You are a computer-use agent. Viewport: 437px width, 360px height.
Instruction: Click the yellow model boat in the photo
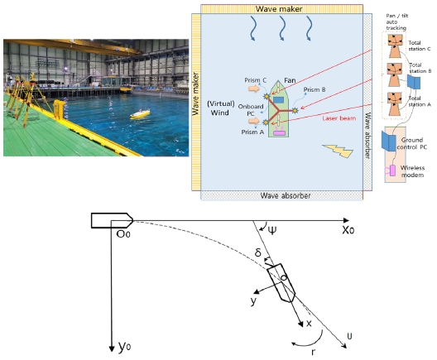(140, 114)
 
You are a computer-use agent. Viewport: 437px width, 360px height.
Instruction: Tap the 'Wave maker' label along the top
(279, 9)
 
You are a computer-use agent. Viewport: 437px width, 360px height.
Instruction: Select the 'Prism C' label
(255, 80)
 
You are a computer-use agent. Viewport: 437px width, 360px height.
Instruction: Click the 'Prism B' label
(315, 89)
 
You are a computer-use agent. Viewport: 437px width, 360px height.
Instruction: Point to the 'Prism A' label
(252, 132)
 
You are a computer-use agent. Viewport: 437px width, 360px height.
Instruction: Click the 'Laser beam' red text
(339, 118)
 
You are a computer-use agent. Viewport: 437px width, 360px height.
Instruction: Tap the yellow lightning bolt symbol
(338, 151)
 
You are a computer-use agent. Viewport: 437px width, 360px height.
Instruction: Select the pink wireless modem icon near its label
(391, 170)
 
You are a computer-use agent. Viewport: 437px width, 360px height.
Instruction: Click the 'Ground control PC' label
(411, 143)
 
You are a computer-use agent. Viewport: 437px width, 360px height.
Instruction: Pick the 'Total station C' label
(420, 46)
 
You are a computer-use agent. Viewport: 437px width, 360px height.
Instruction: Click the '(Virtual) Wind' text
(220, 108)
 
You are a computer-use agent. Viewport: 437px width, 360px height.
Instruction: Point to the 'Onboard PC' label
(251, 110)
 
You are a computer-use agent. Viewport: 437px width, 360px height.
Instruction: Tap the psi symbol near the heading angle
(271, 230)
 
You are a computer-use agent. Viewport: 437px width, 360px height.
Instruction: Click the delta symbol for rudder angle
(258, 252)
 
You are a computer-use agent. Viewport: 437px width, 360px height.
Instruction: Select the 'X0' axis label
(348, 230)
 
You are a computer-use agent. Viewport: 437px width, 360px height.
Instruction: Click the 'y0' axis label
(125, 347)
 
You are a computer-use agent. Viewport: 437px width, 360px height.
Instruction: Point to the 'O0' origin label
(122, 233)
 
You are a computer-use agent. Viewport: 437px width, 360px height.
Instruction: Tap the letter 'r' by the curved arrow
(313, 353)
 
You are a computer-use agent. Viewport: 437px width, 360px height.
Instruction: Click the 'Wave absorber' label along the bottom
(286, 195)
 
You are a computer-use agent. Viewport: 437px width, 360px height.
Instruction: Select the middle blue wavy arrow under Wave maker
(281, 28)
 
